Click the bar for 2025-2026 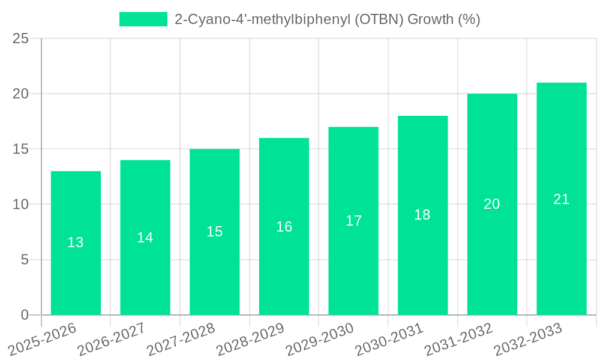[76, 243]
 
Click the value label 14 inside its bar [145, 238]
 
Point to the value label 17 [354, 221]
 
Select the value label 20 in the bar [492, 204]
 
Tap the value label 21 [562, 199]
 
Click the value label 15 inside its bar [215, 232]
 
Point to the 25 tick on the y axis [20, 39]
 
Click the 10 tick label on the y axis [20, 205]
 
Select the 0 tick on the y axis [25, 315]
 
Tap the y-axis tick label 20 [20, 94]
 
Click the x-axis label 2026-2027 [107, 340]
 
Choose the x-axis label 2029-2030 [315, 340]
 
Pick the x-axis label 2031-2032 [454, 340]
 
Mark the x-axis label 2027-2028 [176, 340]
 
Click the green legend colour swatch [143, 19]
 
